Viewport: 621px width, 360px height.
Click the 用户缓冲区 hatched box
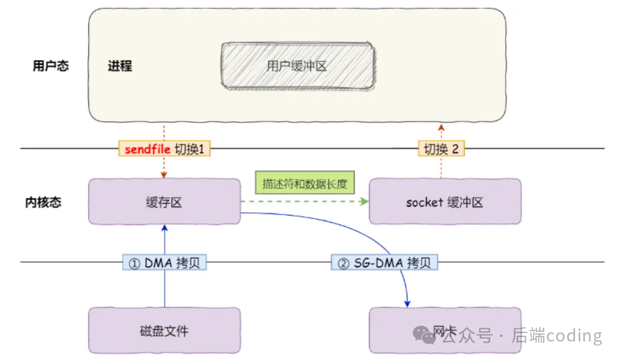click(x=296, y=66)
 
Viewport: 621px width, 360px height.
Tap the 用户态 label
click(x=50, y=66)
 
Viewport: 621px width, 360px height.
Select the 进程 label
click(x=120, y=66)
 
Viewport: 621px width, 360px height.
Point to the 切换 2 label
click(x=441, y=149)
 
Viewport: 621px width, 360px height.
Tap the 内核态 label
click(x=43, y=202)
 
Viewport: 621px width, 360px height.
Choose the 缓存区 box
click(x=164, y=202)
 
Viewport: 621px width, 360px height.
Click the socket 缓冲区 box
click(x=445, y=202)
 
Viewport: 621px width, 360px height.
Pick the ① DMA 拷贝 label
click(x=164, y=263)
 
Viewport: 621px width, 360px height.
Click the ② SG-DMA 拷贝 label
click(x=385, y=263)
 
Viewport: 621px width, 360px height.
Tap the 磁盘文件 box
click(x=164, y=331)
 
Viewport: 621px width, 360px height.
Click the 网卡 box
click(x=445, y=331)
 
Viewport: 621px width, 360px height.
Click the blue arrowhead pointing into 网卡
click(x=408, y=303)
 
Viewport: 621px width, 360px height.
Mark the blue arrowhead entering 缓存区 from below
click(x=164, y=228)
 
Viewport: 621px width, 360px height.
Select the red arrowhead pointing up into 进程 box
click(x=441, y=126)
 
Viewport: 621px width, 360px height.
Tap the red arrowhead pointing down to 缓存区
click(x=164, y=175)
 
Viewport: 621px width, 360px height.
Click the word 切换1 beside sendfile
click(x=191, y=149)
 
